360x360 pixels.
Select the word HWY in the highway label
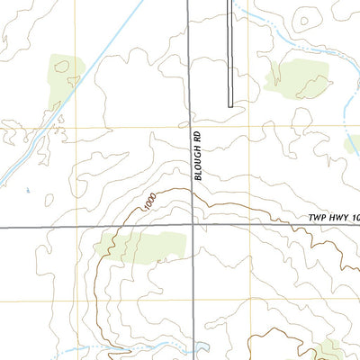[337, 219]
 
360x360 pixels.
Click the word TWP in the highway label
[315, 219]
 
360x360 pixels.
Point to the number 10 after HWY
[355, 219]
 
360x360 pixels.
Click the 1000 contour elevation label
[148, 202]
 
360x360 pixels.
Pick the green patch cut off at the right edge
[354, 144]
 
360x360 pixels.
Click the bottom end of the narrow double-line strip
[230, 105]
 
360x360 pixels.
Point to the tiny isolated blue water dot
[28, 190]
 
